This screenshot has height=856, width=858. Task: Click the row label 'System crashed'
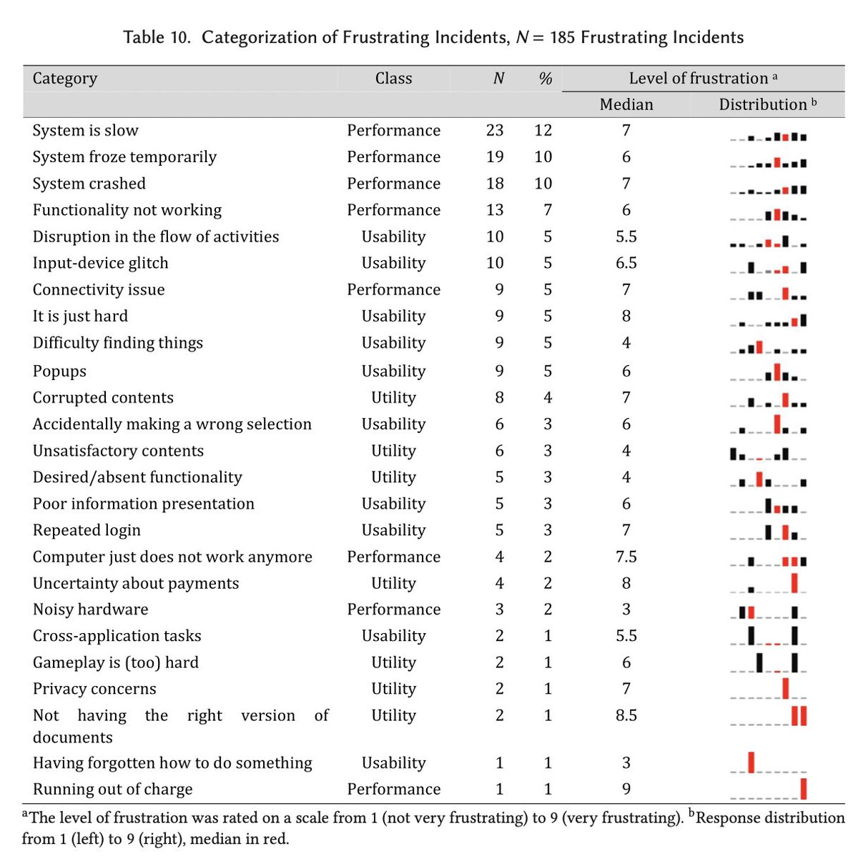point(89,184)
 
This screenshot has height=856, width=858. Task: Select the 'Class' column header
point(393,79)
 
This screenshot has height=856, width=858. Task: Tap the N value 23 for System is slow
point(494,131)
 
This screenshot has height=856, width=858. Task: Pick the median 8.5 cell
point(626,715)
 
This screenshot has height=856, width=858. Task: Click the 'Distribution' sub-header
point(763,104)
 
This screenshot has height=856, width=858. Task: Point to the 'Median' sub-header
point(626,104)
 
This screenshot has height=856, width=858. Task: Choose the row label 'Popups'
point(59,371)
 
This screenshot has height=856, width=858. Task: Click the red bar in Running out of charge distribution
point(804,788)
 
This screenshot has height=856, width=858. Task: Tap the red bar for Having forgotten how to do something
point(751,762)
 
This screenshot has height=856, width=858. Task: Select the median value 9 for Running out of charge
point(626,789)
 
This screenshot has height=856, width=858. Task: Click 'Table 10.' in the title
point(157,37)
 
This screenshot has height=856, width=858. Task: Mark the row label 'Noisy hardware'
point(90,609)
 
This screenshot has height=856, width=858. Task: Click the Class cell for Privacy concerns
point(393,689)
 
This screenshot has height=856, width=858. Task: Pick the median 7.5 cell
point(626,557)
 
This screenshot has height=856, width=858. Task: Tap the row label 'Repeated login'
point(87,530)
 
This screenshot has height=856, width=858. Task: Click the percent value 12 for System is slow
point(543,131)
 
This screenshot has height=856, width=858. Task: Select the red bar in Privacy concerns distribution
point(786,688)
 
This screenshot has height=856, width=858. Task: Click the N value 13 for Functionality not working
point(494,210)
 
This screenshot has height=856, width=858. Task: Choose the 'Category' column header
point(64,79)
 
